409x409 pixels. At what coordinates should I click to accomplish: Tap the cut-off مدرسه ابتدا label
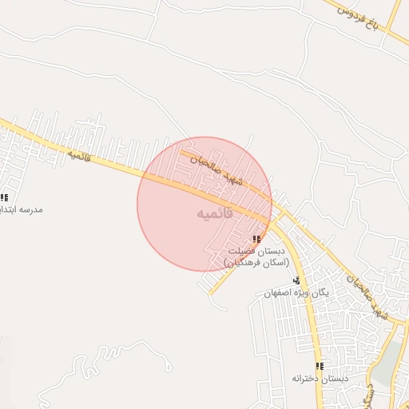(22, 209)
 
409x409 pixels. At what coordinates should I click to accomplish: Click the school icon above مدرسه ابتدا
(4, 197)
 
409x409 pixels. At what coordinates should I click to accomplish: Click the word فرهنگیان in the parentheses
(238, 263)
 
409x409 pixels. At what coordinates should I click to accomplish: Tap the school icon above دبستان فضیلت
(256, 240)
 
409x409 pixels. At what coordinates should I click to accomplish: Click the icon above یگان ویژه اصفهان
(296, 280)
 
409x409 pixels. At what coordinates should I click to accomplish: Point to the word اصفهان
(277, 293)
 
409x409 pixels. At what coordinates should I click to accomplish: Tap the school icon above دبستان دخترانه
(320, 366)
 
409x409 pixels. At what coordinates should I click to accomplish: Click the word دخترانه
(307, 378)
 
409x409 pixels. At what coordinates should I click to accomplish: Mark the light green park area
(387, 363)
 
